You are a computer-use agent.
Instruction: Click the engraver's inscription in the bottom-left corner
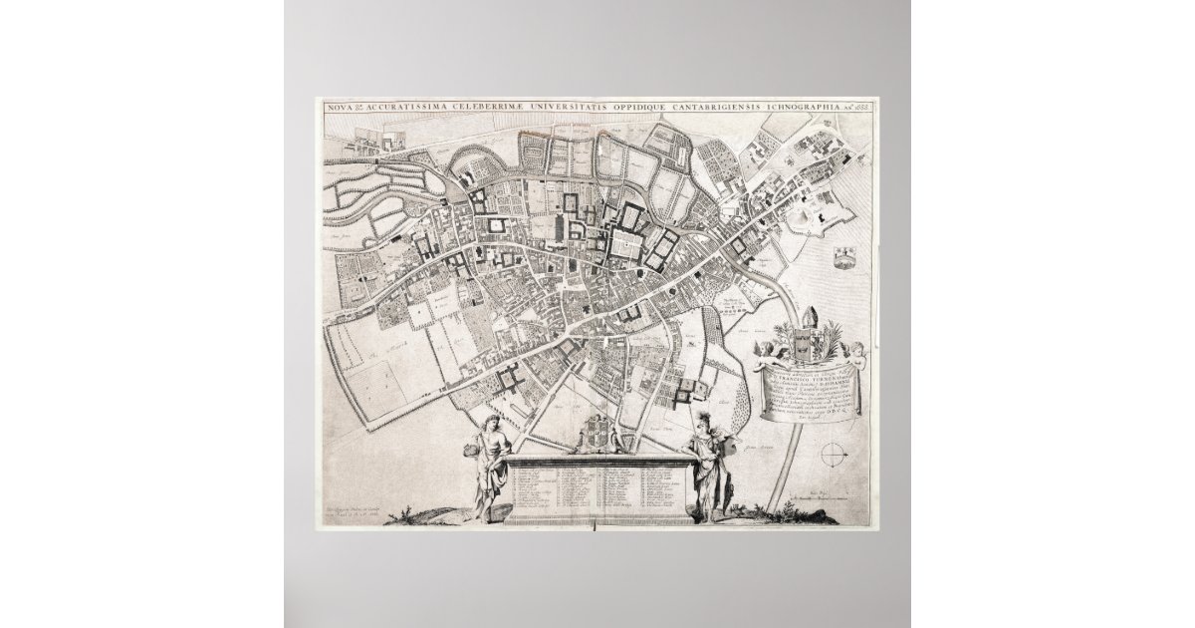[x=363, y=509]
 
